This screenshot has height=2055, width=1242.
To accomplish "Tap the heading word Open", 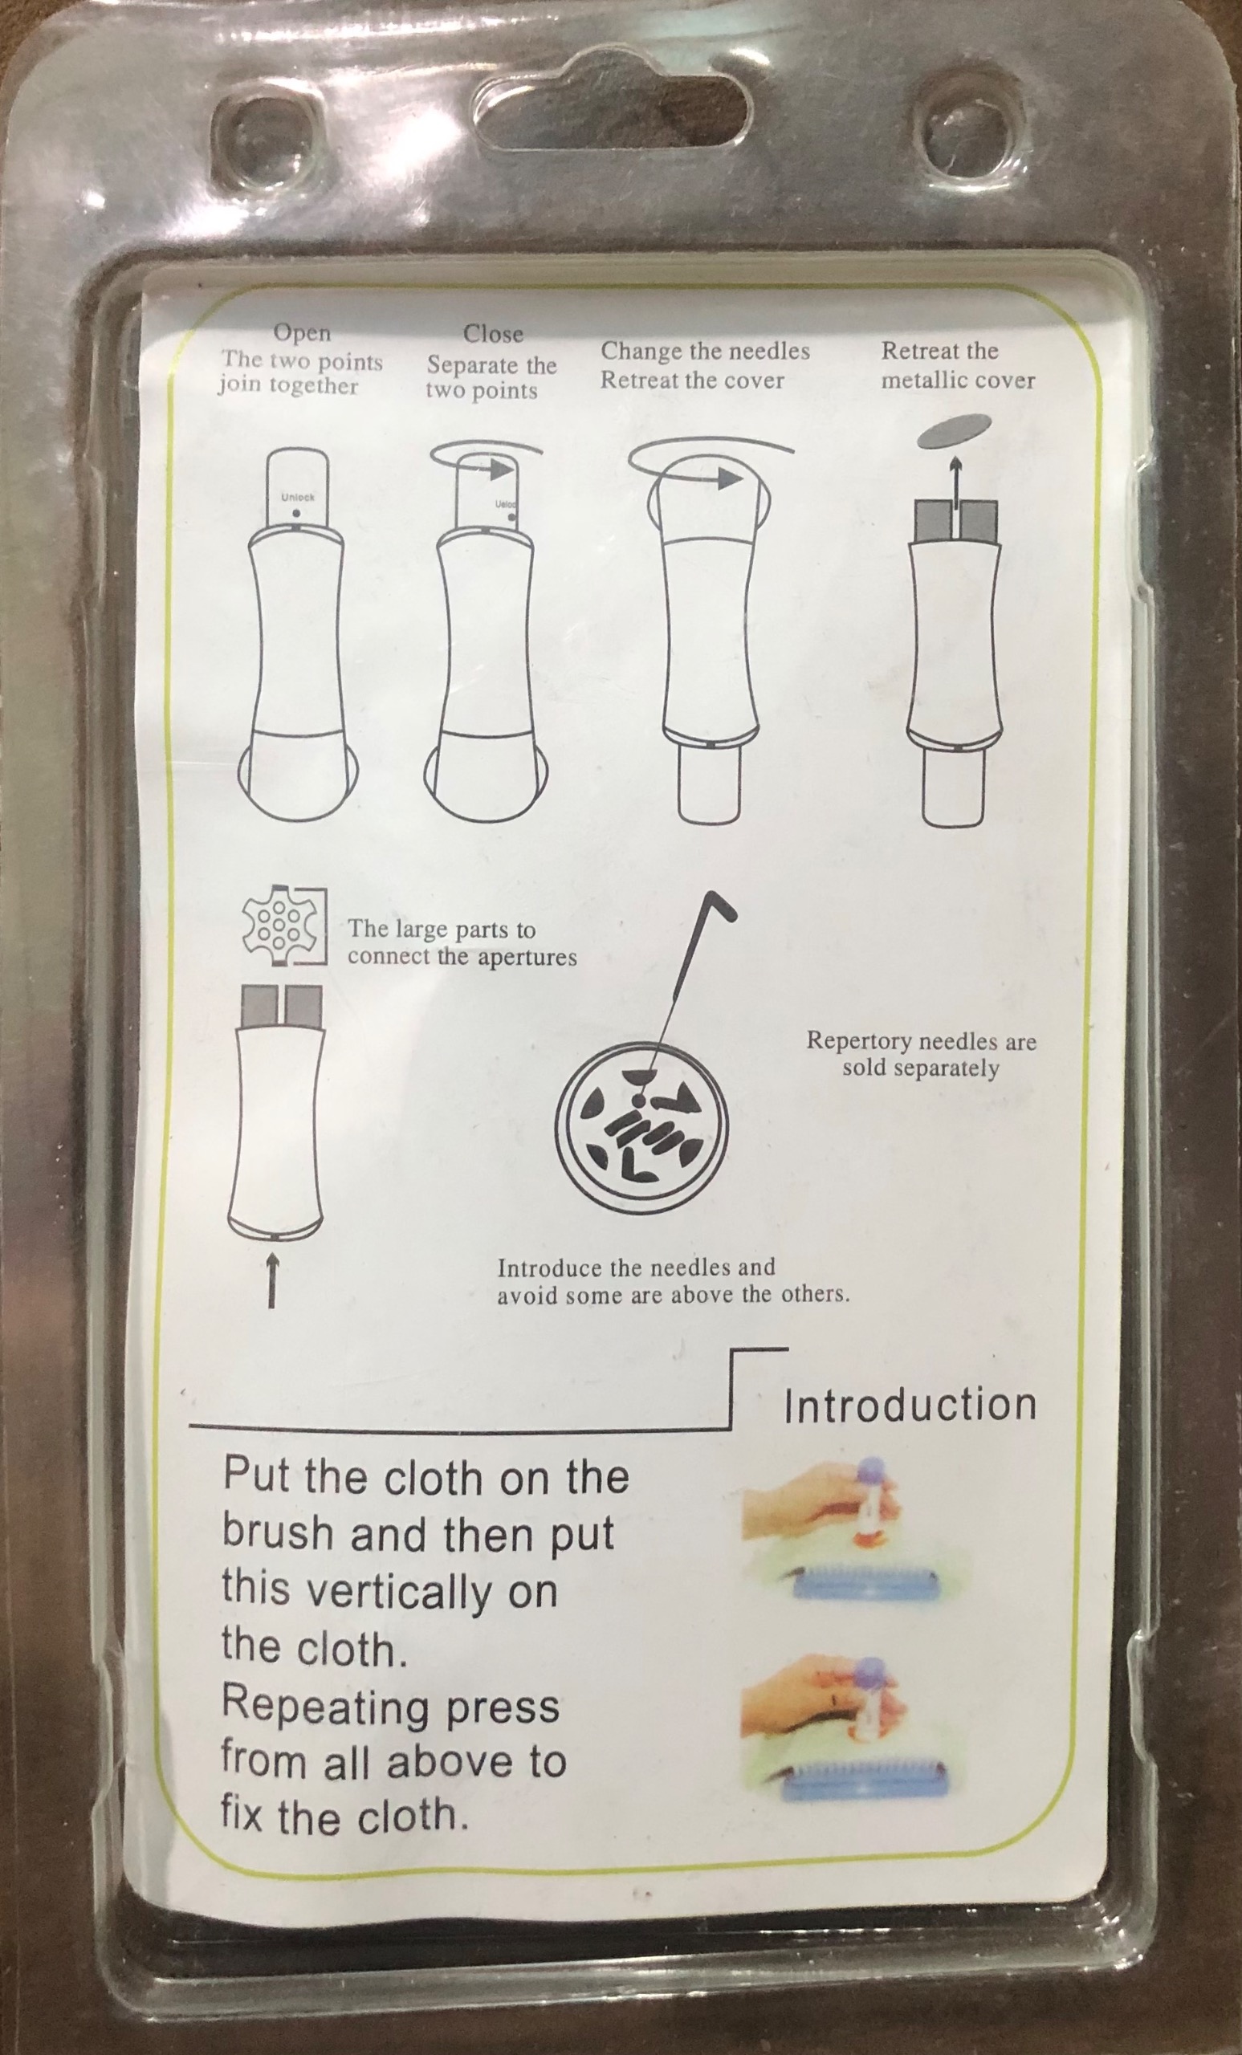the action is point(302,334).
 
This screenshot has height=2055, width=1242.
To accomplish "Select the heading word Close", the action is point(493,334).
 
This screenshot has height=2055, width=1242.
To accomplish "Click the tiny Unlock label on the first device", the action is point(298,497).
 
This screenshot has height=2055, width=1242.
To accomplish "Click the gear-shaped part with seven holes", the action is point(276,926).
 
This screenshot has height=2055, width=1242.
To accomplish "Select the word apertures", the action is point(525,958).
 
